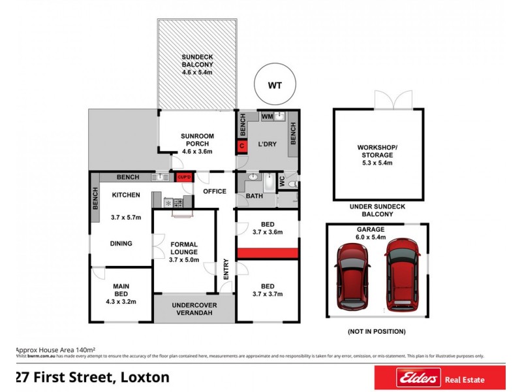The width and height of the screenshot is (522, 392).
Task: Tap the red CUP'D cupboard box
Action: pos(183,177)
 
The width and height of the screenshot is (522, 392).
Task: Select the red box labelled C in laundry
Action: pos(241,146)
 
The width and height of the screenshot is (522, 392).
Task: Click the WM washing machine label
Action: pos(267,116)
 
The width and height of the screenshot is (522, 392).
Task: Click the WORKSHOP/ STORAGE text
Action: pos(375,152)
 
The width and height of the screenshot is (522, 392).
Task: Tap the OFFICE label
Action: pos(214,191)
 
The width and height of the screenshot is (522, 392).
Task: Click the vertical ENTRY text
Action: pos(226,270)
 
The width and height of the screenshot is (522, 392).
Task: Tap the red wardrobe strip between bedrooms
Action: pos(267,252)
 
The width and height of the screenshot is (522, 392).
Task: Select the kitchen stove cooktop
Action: pos(174,203)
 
